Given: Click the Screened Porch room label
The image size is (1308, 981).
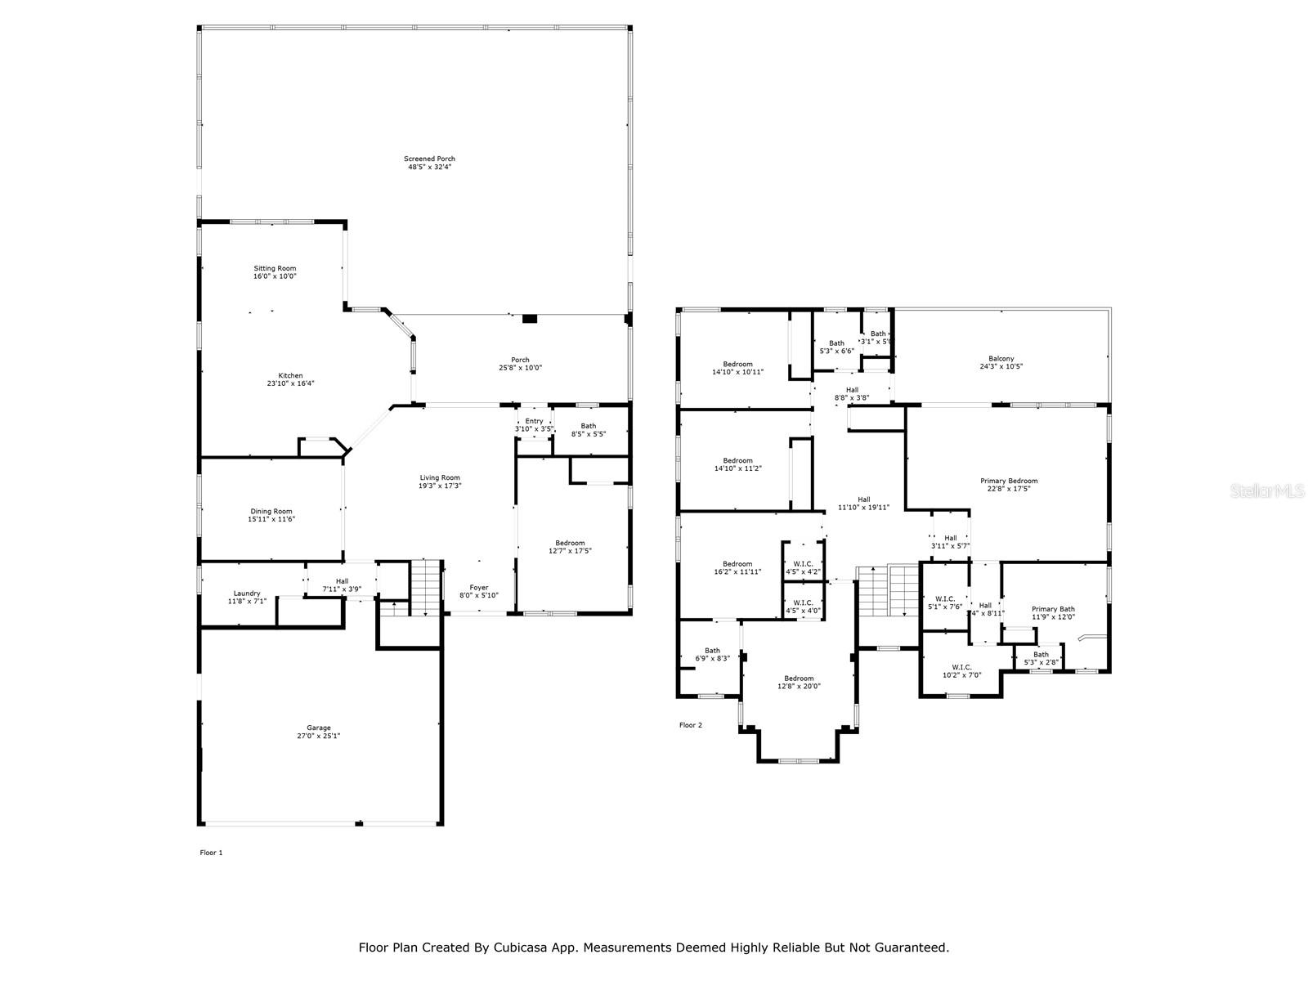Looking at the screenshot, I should click(429, 159).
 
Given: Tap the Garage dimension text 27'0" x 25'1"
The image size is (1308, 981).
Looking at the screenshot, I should click(319, 736).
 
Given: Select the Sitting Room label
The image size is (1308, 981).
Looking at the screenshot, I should click(275, 268).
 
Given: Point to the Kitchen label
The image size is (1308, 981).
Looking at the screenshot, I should click(279, 375).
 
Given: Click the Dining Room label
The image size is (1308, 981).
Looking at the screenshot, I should click(271, 511).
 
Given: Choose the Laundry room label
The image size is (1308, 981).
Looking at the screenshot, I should click(247, 594).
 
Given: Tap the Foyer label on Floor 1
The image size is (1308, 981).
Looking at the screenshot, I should click(478, 587).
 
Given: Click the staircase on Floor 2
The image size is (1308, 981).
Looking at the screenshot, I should click(889, 590).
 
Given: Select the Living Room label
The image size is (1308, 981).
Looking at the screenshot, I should click(440, 477).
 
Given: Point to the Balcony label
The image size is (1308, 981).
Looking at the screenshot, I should click(1001, 359).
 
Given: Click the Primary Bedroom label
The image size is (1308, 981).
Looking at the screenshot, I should click(1009, 481).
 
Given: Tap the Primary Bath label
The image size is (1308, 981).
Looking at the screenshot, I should click(1053, 609).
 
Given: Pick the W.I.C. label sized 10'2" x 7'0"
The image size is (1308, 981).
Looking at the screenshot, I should click(961, 667).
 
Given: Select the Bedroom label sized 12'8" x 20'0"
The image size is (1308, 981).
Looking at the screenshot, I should click(799, 679).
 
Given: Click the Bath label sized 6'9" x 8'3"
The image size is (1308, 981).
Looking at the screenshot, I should click(712, 651).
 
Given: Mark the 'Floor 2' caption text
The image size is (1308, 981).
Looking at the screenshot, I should click(691, 725).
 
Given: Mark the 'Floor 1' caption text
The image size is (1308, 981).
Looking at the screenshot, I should click(211, 853).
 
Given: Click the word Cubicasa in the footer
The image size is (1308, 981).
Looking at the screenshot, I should click(514, 947).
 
